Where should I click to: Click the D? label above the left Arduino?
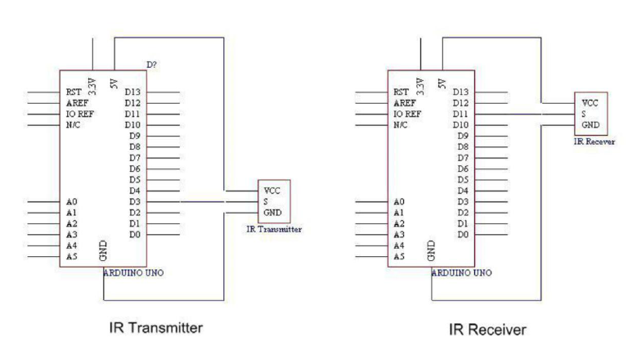tap(151, 65)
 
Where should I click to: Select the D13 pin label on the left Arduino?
tap(132, 92)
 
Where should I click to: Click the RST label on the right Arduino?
tap(401, 92)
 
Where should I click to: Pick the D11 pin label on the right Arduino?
tap(460, 115)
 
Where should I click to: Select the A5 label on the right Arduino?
tap(399, 256)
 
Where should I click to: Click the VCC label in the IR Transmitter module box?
tap(272, 191)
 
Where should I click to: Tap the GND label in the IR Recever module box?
tap(590, 126)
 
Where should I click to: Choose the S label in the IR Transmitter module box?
tap(266, 201)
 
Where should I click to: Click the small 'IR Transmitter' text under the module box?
tap(274, 230)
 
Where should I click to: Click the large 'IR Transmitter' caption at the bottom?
tap(156, 328)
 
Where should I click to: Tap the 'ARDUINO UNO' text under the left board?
tap(133, 272)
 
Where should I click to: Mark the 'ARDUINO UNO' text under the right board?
tap(461, 272)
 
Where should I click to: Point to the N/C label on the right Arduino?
tap(401, 125)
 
